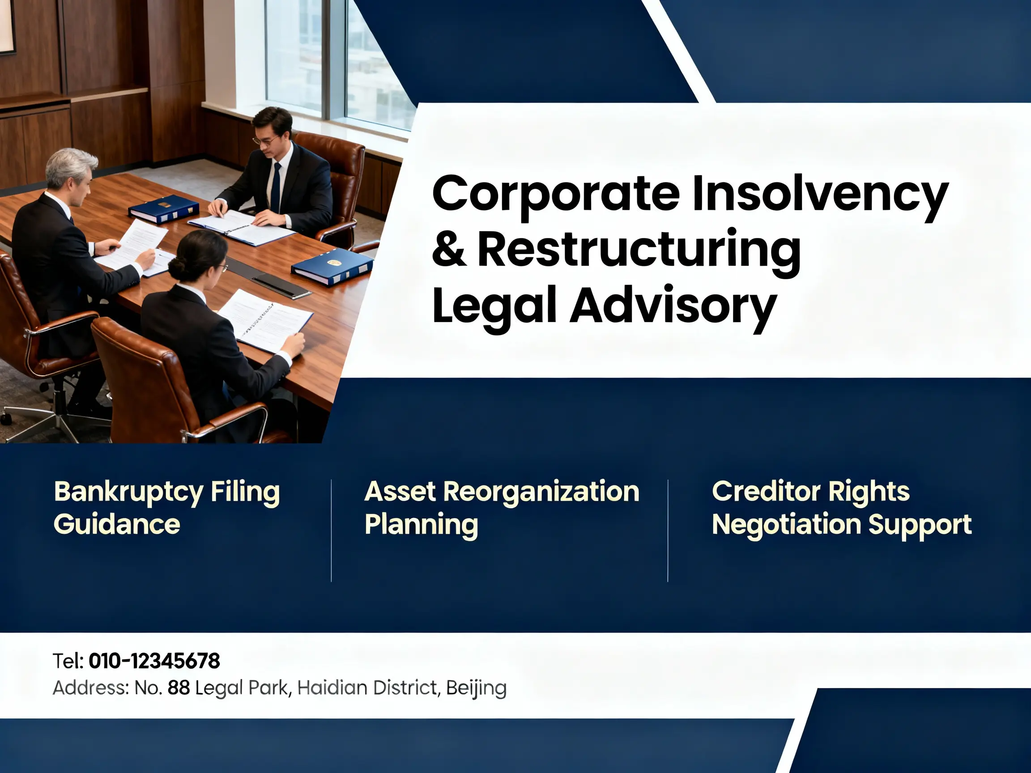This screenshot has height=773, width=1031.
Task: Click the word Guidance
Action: coord(116,525)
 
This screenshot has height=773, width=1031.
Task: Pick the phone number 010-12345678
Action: coord(154,661)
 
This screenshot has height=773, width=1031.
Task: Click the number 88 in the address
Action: coord(179,688)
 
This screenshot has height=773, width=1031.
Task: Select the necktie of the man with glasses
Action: coord(277,188)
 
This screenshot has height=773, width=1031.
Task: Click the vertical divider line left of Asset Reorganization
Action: coord(332,531)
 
